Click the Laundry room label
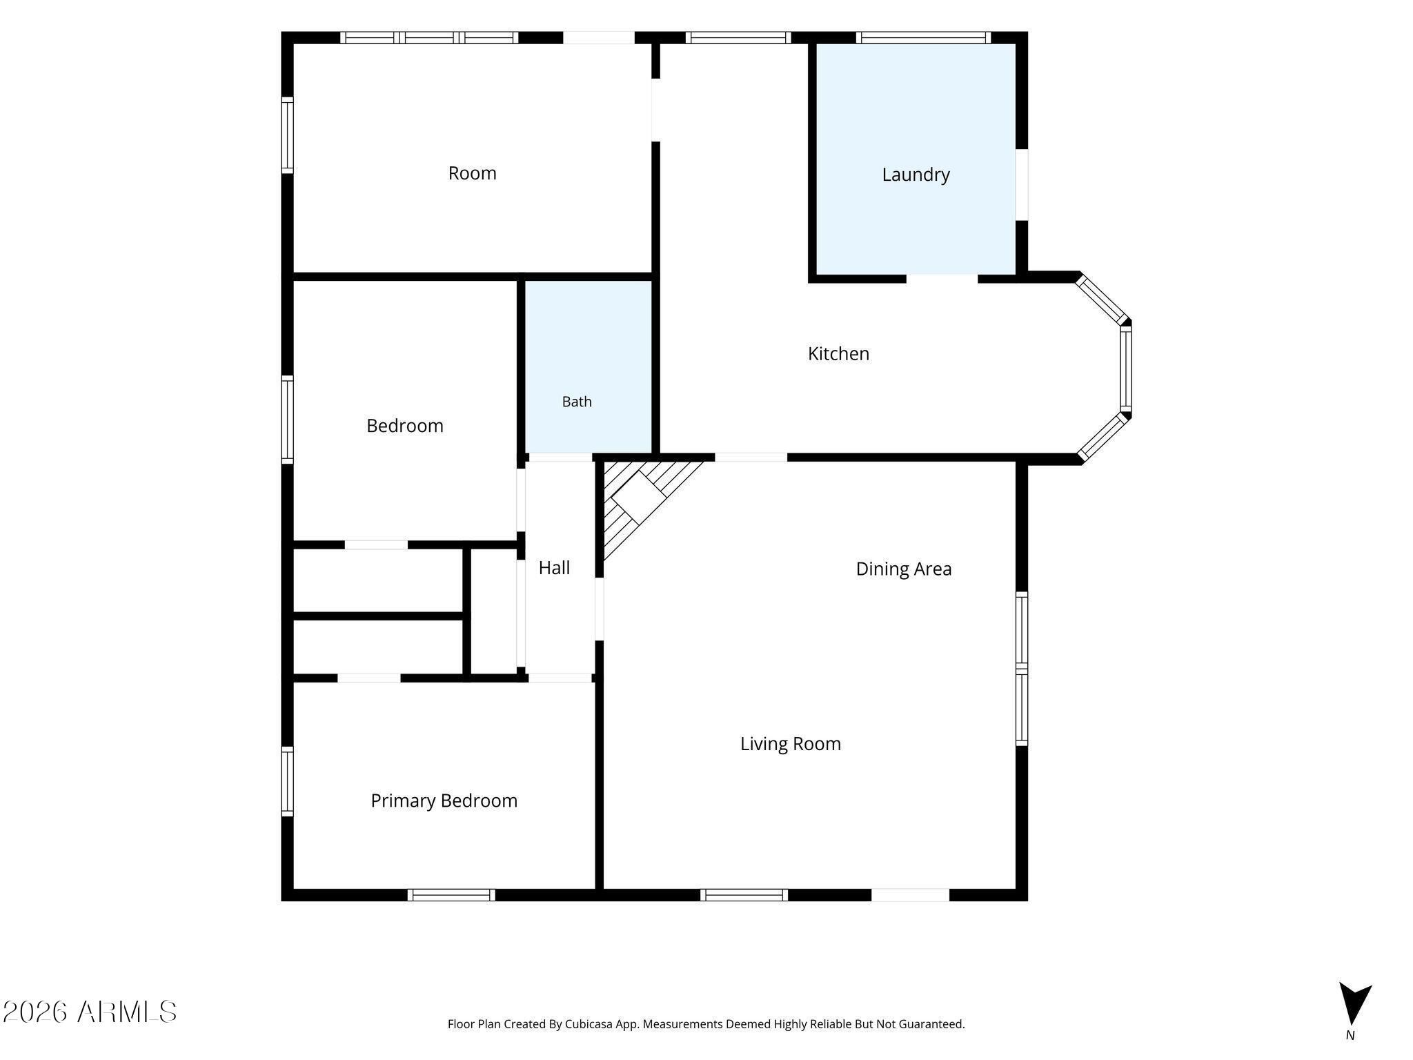[x=916, y=175]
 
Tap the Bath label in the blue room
[x=577, y=402]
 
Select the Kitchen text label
[x=838, y=353]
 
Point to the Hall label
[x=554, y=567]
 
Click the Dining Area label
[x=904, y=569]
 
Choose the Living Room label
[x=791, y=743]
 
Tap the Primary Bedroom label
[x=444, y=801]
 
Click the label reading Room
[x=472, y=173]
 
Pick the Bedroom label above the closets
[x=405, y=426]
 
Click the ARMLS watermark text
[x=90, y=1012]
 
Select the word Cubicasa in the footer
[x=591, y=1024]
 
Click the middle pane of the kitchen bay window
[x=1125, y=369]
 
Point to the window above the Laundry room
[x=924, y=38]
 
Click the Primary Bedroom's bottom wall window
[x=451, y=895]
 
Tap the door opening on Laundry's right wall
[x=1022, y=185]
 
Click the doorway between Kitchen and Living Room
[x=751, y=457]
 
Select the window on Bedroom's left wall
[x=287, y=420]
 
